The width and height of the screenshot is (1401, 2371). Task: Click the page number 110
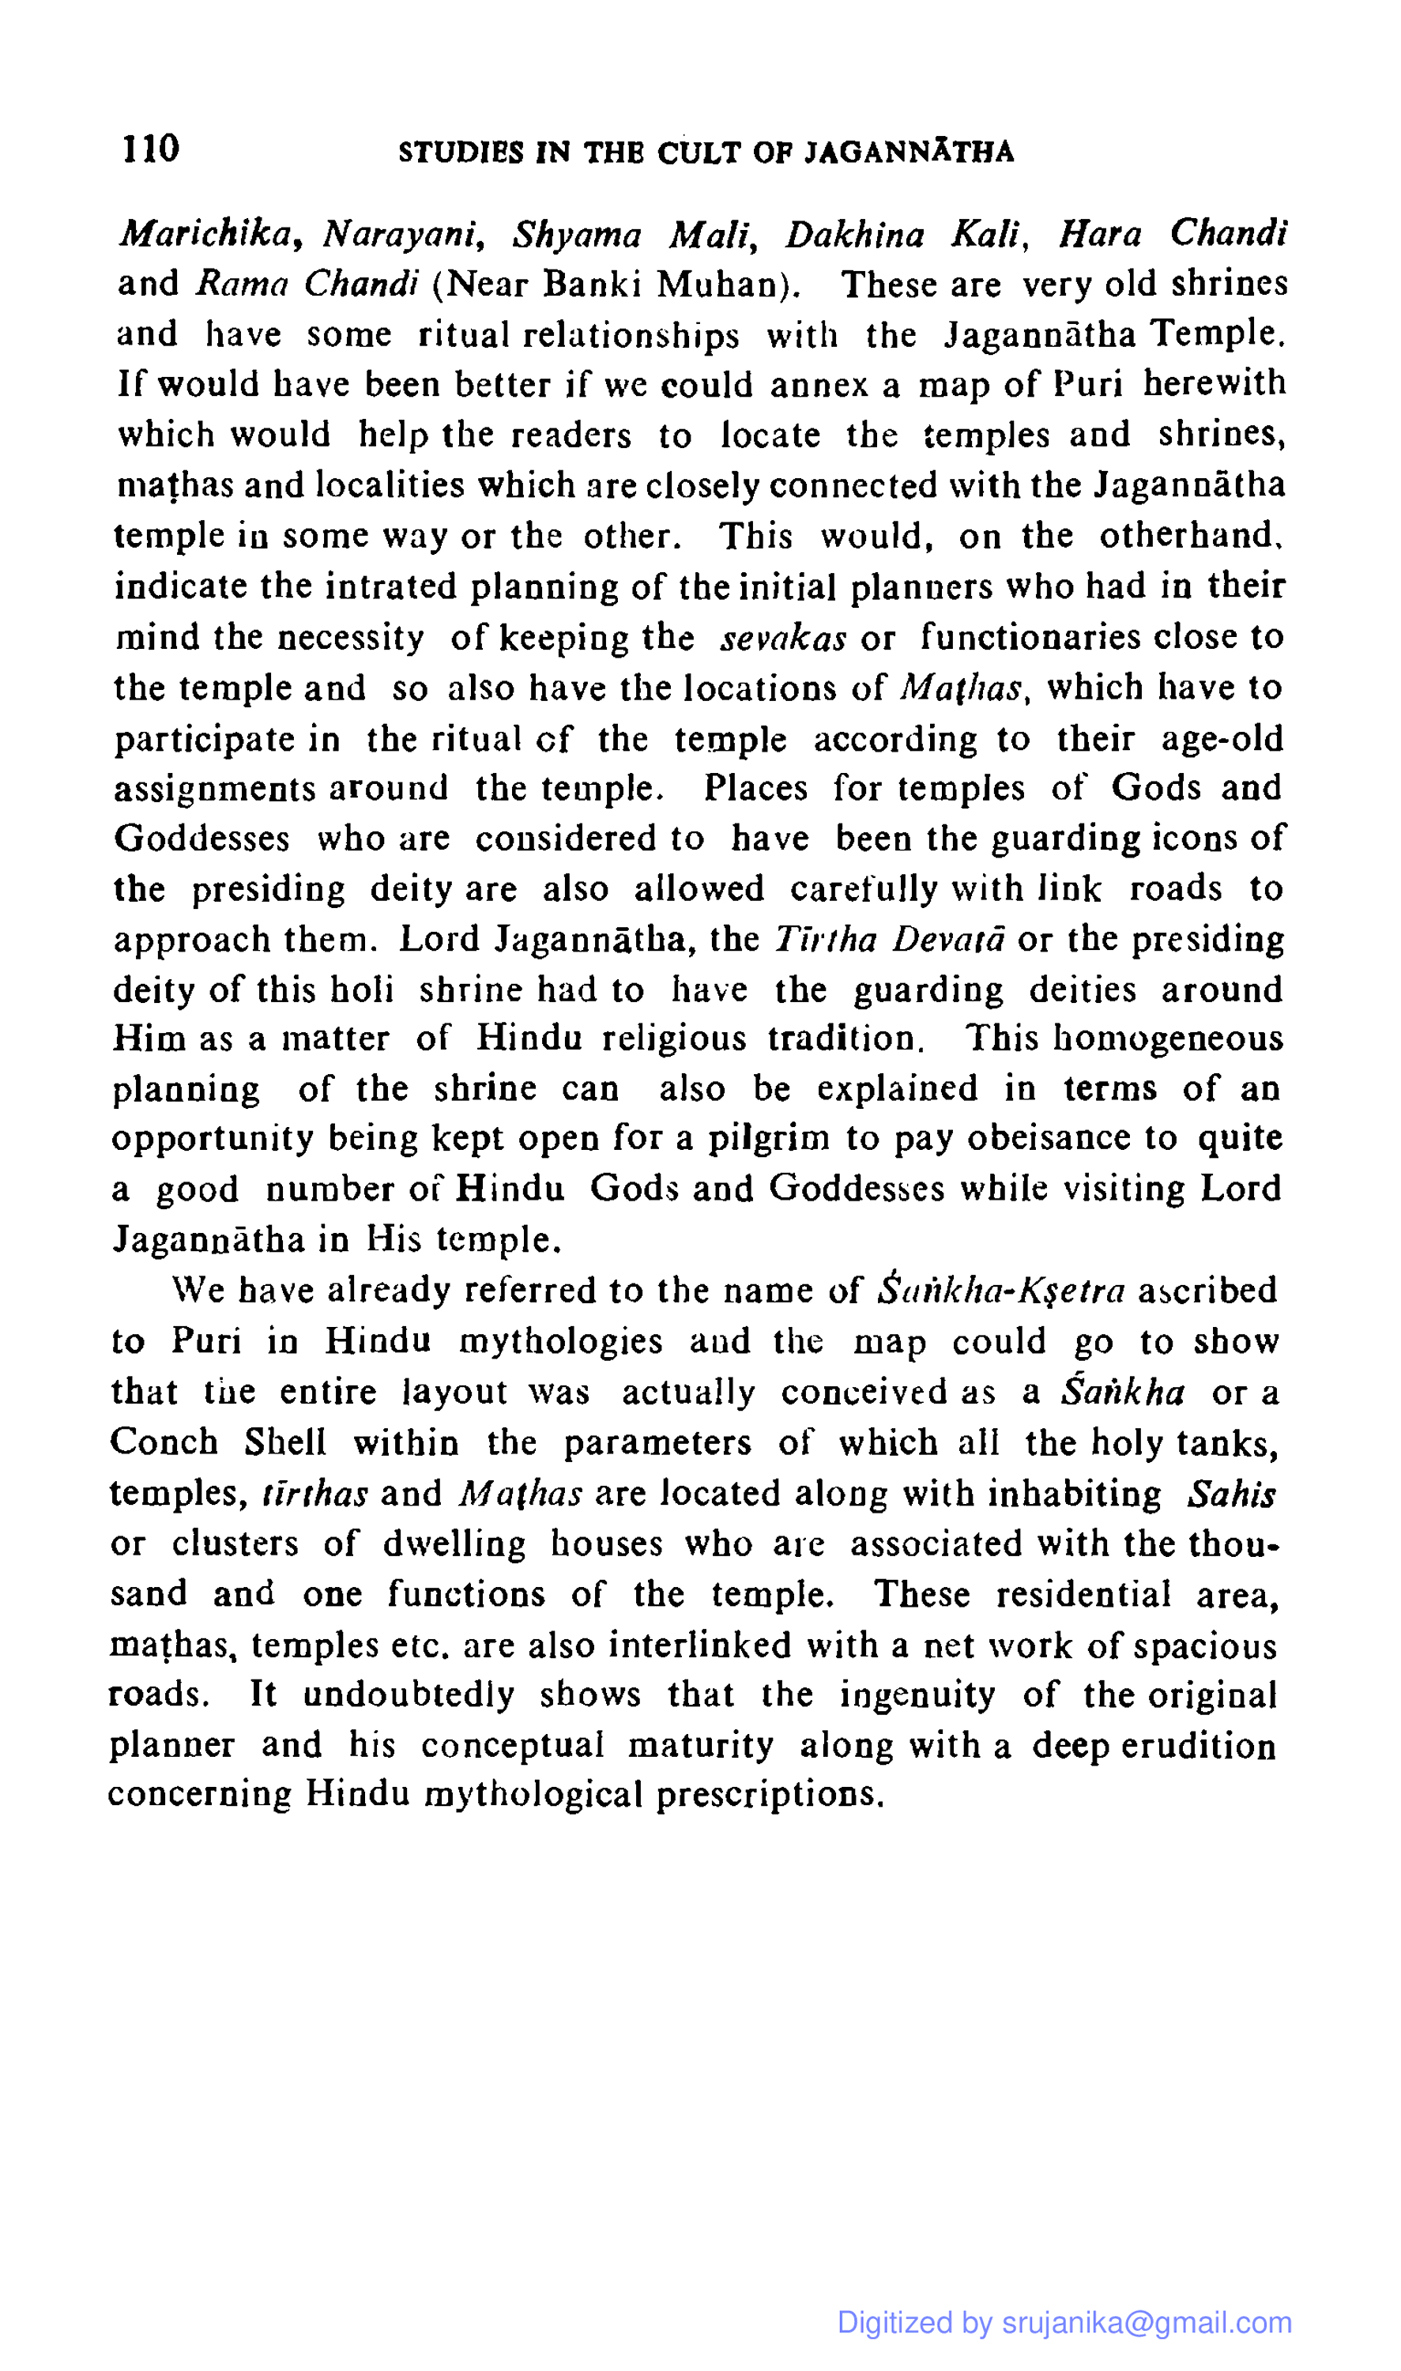pyautogui.click(x=150, y=149)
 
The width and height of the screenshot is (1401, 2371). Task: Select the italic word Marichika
pyautogui.click(x=205, y=234)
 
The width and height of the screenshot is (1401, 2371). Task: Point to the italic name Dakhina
pyautogui.click(x=854, y=234)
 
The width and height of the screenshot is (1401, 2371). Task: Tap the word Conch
pyautogui.click(x=164, y=1442)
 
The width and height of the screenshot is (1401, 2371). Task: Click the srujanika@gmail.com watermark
pyautogui.click(x=1146, y=2322)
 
